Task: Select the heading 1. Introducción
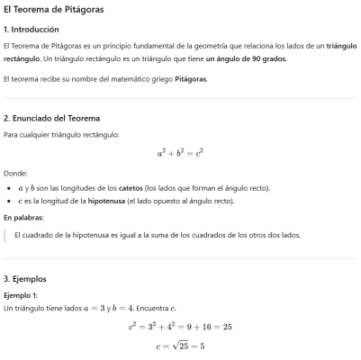pos(34,29)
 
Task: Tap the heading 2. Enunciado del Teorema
pos(52,118)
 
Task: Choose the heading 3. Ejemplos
pos(26,279)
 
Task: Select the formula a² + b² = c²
pos(180,153)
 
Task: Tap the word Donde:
pos(16,173)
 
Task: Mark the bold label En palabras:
pos(24,218)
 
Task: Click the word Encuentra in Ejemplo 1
pos(146,309)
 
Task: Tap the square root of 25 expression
pos(184,345)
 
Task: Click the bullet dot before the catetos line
pos(8,187)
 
